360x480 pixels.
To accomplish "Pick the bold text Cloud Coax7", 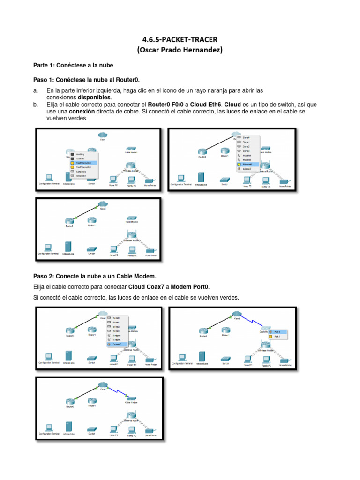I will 145,286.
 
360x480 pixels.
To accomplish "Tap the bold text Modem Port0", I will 191,286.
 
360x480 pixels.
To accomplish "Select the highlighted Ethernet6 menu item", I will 248,165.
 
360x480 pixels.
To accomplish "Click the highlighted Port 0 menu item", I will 277,331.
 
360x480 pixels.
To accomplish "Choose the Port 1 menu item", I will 277,336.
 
